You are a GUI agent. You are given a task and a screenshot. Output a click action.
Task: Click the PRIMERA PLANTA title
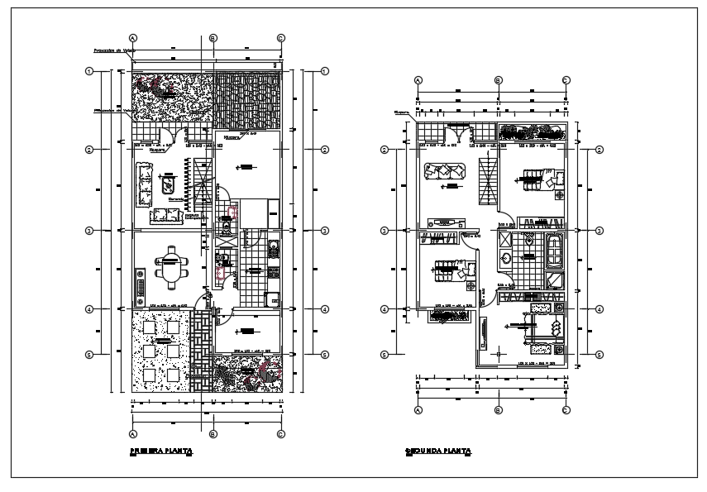click(x=161, y=451)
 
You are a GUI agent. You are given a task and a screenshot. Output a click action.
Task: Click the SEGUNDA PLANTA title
click(x=438, y=451)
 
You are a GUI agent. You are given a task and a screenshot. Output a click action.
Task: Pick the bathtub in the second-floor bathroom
click(x=554, y=251)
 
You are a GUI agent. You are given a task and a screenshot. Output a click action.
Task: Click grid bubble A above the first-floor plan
click(x=132, y=38)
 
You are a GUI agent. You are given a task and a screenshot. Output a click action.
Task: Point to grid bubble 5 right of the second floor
click(x=600, y=355)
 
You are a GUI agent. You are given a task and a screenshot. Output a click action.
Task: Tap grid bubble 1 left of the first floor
click(x=89, y=71)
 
